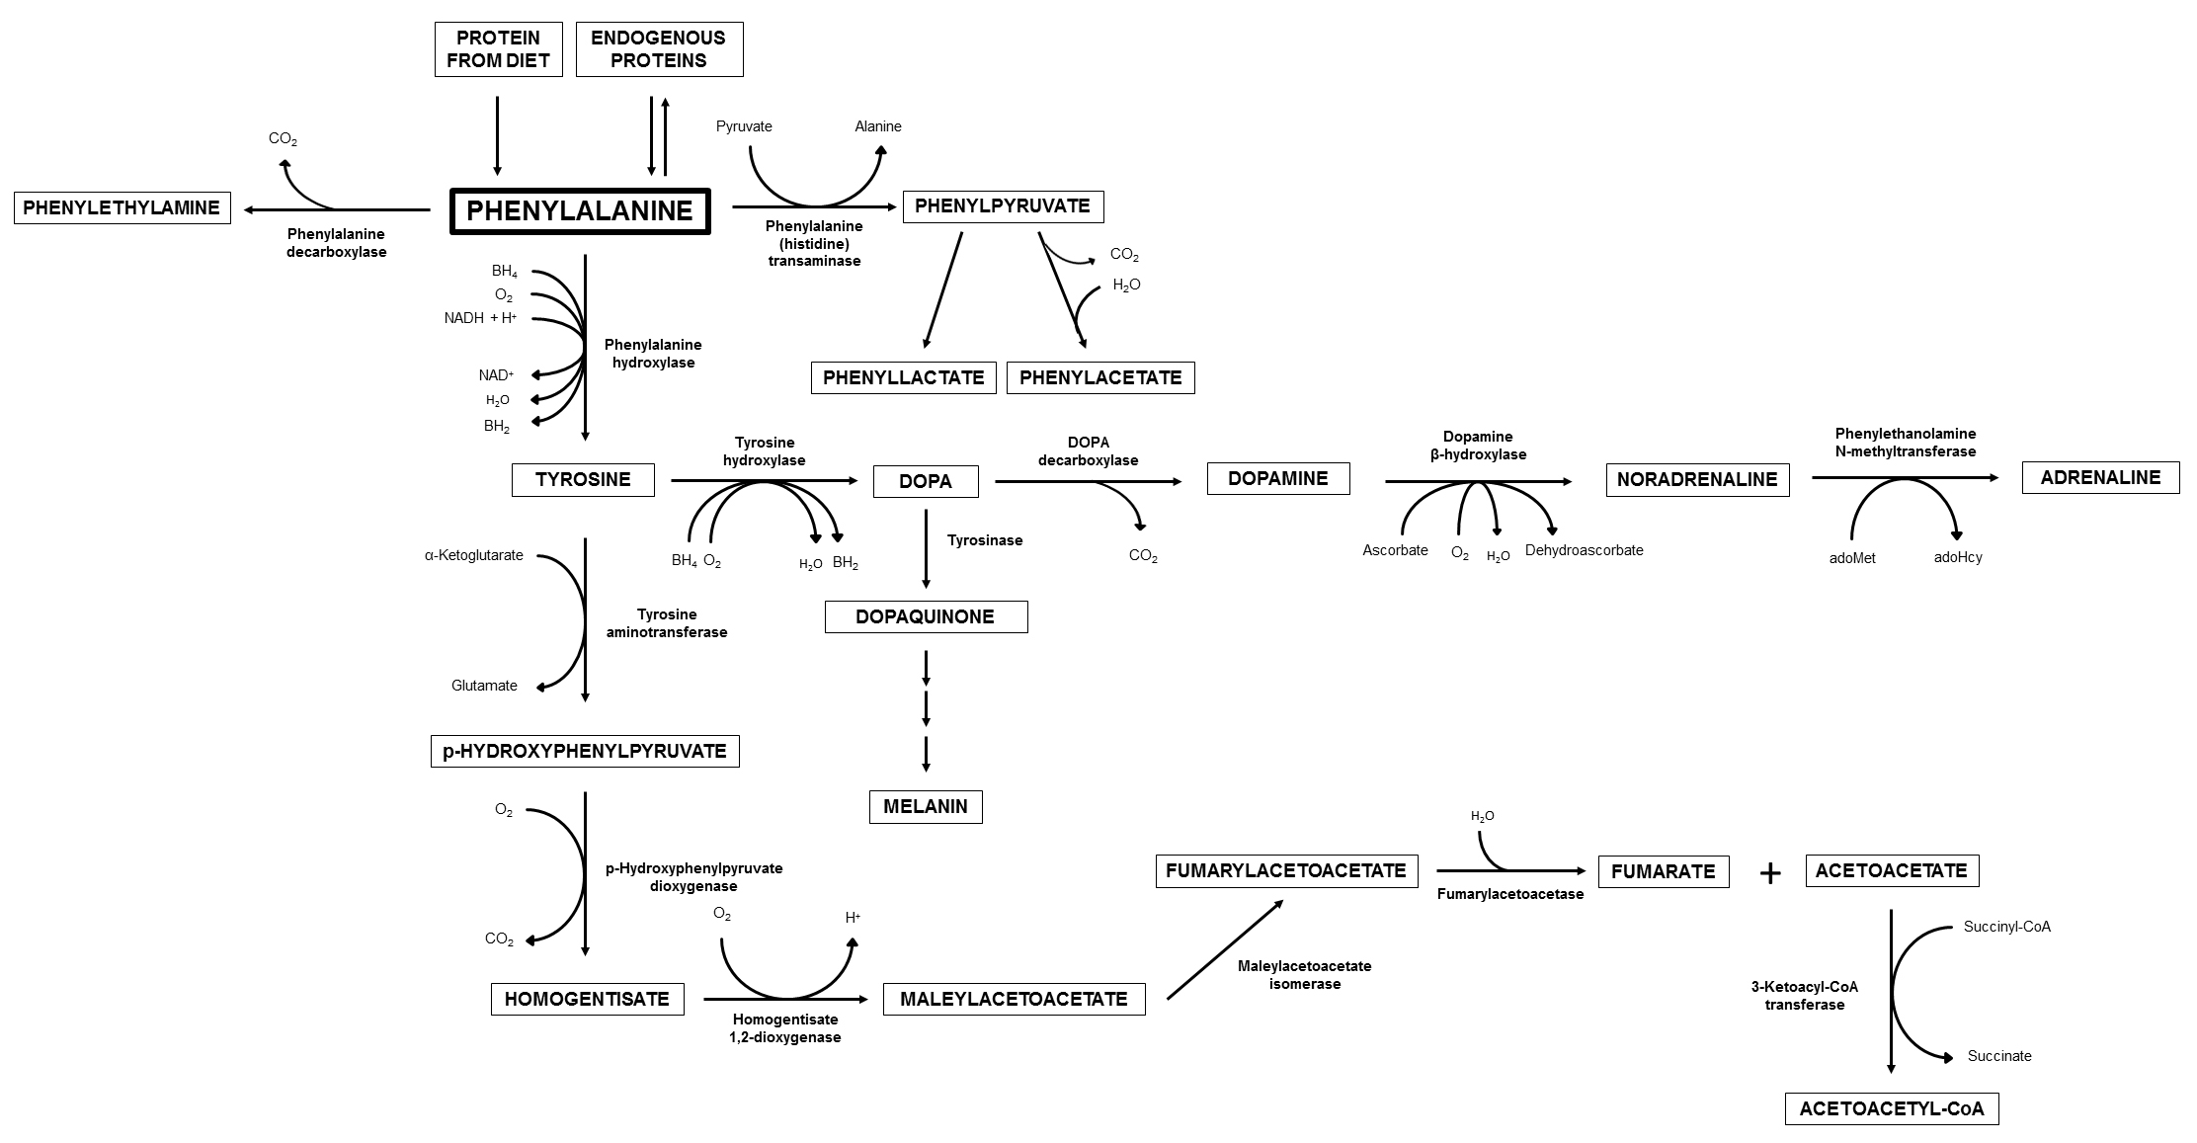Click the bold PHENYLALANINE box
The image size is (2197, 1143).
click(x=580, y=211)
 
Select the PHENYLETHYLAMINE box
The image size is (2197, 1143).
click(x=122, y=208)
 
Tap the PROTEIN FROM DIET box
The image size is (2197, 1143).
click(x=498, y=49)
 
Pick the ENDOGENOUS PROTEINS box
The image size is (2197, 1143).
click(x=658, y=49)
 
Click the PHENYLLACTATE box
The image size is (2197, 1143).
click(x=903, y=377)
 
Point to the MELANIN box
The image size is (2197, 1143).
click(x=926, y=806)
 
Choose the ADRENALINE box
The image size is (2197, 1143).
click(x=2100, y=477)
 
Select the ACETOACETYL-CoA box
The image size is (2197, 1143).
click(x=1891, y=1108)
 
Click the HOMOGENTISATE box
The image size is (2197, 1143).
click(x=587, y=999)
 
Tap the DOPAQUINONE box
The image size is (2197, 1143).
click(x=926, y=616)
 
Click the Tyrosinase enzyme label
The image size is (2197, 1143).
click(x=985, y=540)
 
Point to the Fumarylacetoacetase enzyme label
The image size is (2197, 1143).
click(x=1509, y=894)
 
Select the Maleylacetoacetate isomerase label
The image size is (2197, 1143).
click(x=1304, y=974)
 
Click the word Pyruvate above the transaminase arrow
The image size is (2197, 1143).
click(x=744, y=126)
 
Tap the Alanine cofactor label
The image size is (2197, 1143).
click(x=877, y=126)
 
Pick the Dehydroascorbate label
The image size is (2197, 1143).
click(x=1584, y=550)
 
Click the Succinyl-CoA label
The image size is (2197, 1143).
click(x=2006, y=927)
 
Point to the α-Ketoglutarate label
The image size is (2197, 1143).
click(x=474, y=555)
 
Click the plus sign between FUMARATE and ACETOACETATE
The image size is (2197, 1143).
click(x=1769, y=873)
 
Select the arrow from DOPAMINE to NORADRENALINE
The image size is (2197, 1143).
click(x=1477, y=481)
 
